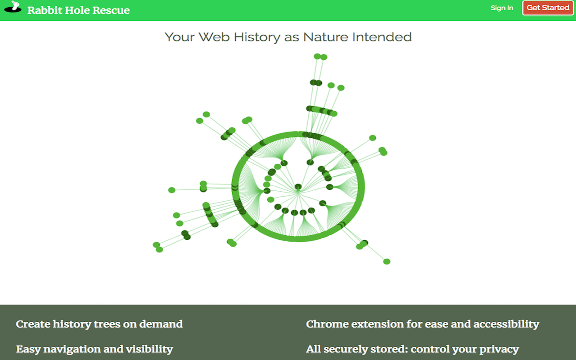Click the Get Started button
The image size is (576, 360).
(548, 8)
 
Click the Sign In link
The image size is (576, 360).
(502, 8)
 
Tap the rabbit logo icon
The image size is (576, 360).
(13, 7)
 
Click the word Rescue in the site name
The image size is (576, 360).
(111, 10)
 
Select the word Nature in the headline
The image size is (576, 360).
(325, 37)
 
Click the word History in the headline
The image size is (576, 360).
(257, 37)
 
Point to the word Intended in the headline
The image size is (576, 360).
(382, 37)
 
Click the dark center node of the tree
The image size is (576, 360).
(298, 186)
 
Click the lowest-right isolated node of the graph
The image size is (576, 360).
(387, 261)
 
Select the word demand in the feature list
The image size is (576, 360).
(161, 324)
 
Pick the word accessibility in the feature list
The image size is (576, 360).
(506, 324)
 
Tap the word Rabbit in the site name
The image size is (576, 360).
(45, 10)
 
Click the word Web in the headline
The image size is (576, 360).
(214, 37)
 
